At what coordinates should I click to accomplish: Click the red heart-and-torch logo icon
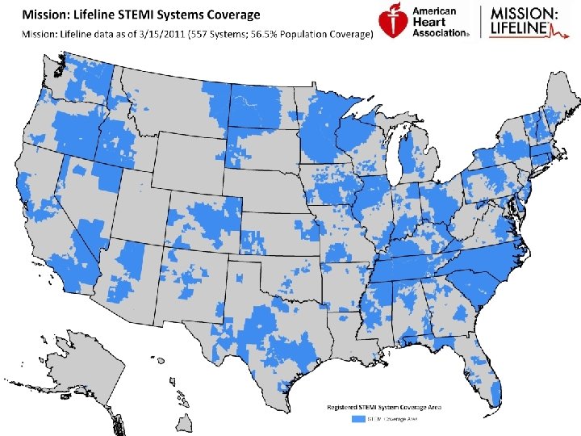click(x=393, y=22)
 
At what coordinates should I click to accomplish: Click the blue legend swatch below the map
click(x=357, y=420)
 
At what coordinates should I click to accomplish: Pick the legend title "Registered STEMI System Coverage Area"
click(x=388, y=406)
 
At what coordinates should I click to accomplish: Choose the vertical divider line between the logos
click(x=482, y=22)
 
